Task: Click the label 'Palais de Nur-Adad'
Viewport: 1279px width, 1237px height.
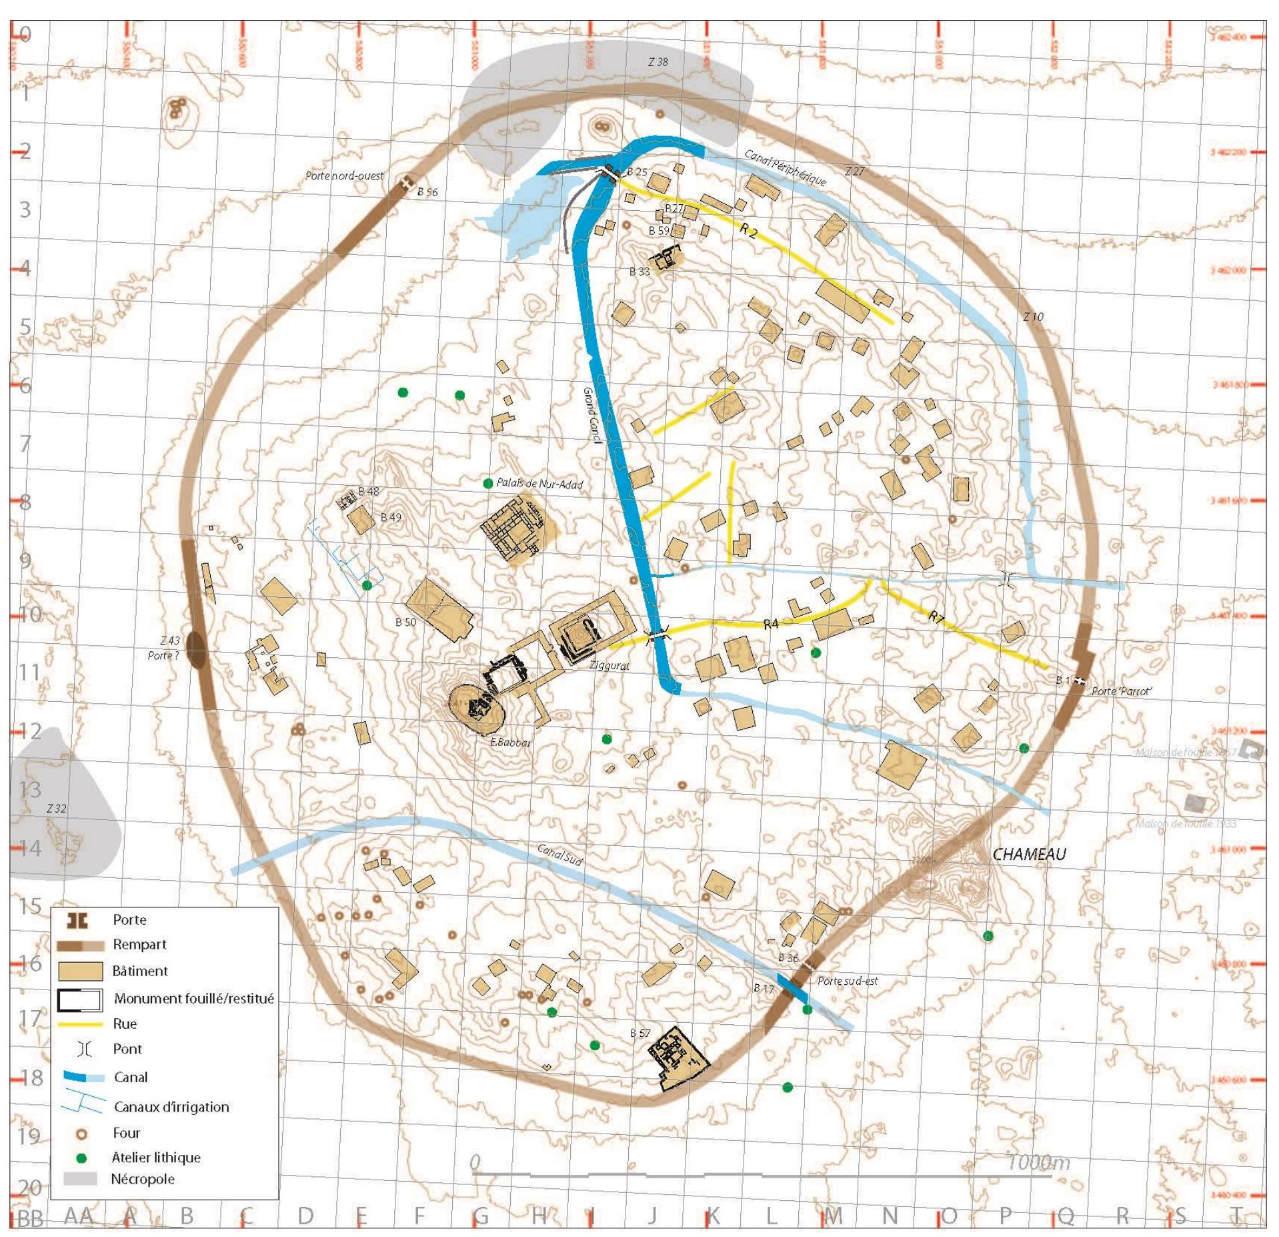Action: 539,483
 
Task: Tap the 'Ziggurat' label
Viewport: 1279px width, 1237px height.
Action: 609,665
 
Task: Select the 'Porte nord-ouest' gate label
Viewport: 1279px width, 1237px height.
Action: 344,176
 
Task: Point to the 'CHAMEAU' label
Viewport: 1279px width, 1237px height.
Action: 1029,854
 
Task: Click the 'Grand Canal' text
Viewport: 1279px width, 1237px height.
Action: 591,414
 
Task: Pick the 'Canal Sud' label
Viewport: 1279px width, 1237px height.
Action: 559,854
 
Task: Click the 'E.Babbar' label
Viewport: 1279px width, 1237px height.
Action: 510,743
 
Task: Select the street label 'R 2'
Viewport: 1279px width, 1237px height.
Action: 748,232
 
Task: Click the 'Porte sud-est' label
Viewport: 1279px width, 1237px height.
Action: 847,981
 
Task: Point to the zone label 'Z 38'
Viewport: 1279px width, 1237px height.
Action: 658,62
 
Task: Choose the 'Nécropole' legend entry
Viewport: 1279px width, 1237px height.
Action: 142,1178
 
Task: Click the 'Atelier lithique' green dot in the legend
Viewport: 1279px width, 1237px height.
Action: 82,1158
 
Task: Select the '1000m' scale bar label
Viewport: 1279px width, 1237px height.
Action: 1038,1162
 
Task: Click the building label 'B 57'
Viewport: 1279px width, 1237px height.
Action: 639,1033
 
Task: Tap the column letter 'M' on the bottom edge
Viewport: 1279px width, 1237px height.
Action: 833,1216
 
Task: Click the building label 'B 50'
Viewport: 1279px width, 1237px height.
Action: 405,623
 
